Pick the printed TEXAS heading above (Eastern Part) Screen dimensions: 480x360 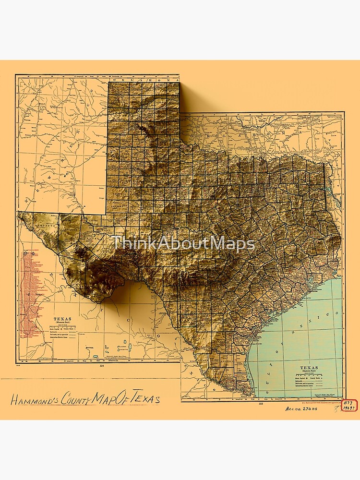point(310,368)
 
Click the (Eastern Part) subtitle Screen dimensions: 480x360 point(310,372)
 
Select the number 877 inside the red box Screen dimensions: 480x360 point(348,402)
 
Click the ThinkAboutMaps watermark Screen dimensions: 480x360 point(183,243)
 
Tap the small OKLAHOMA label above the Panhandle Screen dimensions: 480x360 point(144,79)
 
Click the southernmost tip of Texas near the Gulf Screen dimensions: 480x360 point(250,395)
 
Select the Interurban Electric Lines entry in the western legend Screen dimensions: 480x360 point(62,338)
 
